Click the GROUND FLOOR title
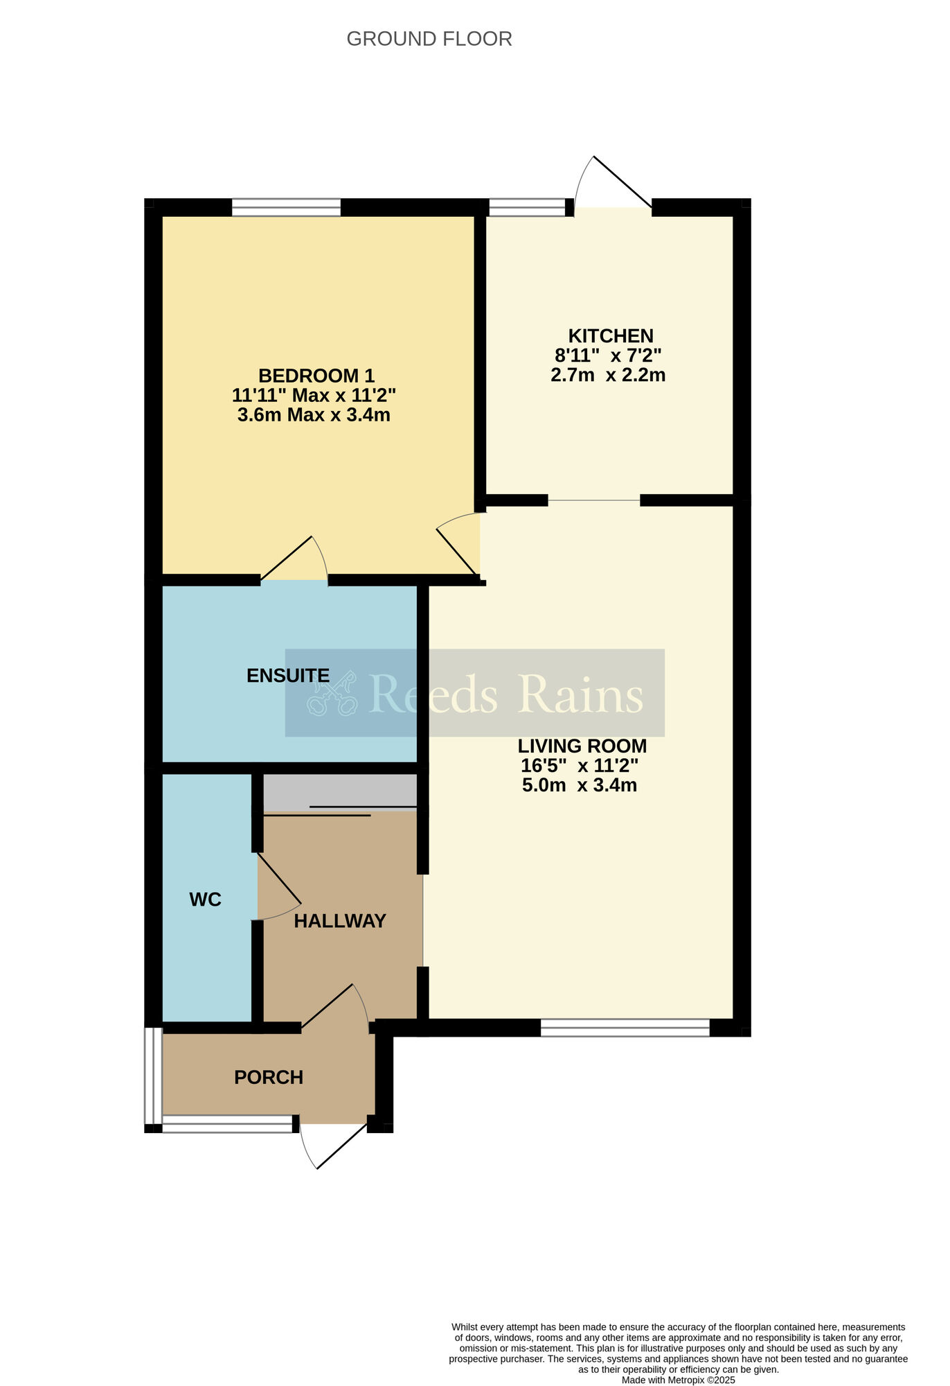429,39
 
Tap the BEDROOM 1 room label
316,376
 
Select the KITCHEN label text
611,336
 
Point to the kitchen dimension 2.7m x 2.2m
608,376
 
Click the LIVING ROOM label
582,746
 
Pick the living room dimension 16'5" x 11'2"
580,766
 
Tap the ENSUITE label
288,676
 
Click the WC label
206,900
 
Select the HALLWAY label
340,921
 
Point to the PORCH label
269,1078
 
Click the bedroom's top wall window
286,207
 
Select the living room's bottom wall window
625,1028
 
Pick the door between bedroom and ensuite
294,559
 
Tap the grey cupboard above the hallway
340,792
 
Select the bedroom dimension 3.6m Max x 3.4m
314,415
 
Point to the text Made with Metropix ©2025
679,1380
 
